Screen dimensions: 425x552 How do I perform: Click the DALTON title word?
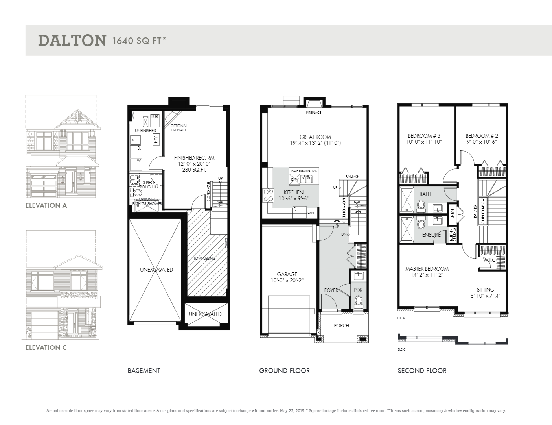[x=72, y=41]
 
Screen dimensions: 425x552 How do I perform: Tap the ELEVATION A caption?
[x=46, y=205]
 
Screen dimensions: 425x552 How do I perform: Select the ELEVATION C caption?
[x=46, y=347]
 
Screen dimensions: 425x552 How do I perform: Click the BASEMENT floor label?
[x=144, y=371]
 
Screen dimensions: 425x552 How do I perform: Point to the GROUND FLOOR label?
[x=284, y=371]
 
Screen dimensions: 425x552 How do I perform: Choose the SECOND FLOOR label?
[x=422, y=371]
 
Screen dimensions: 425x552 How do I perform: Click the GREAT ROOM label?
[x=315, y=137]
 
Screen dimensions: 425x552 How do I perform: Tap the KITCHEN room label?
[x=294, y=192]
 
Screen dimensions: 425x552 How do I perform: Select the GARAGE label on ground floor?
[x=287, y=274]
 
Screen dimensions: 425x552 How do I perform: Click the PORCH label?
[x=341, y=325]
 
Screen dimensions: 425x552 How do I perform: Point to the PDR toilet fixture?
[x=358, y=301]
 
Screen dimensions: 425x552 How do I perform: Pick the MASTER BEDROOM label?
[x=427, y=269]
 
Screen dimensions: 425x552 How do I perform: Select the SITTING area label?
[x=486, y=290]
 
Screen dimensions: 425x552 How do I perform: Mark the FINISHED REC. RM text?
[x=194, y=158]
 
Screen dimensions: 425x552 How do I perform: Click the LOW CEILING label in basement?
[x=204, y=258]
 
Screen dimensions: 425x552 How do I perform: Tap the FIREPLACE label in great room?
[x=314, y=113]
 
